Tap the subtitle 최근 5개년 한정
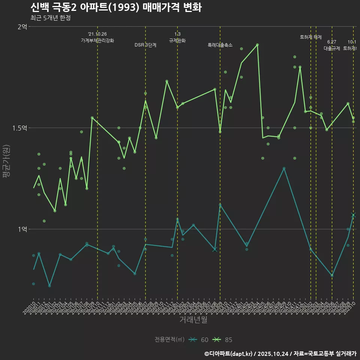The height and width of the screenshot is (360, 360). [x=50, y=18]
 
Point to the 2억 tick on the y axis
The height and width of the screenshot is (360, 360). [x=22, y=27]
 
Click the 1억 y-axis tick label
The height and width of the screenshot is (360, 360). [x=22, y=229]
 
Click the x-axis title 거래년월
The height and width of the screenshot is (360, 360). [x=193, y=320]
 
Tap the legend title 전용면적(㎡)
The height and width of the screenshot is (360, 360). [x=169, y=340]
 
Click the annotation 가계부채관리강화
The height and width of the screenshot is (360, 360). [x=97, y=40]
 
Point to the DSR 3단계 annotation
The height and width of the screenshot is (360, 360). [x=145, y=45]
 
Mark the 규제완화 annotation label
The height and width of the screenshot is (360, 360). [x=177, y=40]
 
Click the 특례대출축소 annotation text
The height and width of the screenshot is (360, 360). [x=220, y=45]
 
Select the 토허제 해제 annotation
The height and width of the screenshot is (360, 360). [x=311, y=37]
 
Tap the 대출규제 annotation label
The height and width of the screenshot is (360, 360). [x=332, y=48]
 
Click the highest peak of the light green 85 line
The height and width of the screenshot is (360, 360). [x=257, y=45]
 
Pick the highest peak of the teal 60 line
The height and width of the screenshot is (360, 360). [x=284, y=168]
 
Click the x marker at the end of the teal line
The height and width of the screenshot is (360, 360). [x=353, y=215]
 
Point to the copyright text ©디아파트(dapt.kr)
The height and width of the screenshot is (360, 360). [x=229, y=354]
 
